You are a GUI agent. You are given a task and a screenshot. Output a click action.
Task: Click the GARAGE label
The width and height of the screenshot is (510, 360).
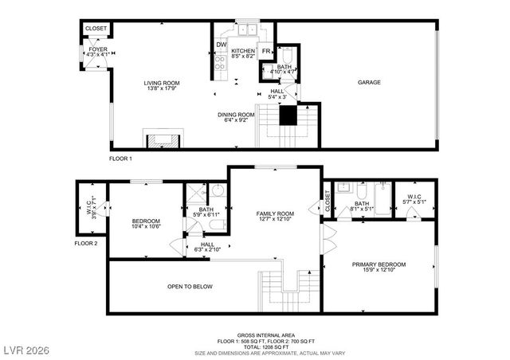pos(368,83)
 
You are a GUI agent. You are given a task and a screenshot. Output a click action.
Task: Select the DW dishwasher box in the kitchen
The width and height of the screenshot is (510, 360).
pos(222,44)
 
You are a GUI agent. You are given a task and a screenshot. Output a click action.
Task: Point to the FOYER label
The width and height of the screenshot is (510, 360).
pos(97,49)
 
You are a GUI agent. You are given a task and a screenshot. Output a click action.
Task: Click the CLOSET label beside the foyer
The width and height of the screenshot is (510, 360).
pos(96,28)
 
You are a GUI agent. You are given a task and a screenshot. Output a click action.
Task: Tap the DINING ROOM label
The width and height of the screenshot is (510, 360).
pos(236,115)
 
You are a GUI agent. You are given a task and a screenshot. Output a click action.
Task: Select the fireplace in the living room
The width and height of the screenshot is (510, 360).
pos(162,140)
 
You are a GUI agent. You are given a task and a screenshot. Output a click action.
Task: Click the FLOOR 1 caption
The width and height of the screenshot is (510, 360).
pos(120,158)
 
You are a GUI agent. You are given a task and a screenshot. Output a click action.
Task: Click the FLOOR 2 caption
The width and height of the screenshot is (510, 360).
pos(85,243)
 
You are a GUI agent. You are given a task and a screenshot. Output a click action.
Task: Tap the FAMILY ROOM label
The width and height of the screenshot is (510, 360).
pos(275,213)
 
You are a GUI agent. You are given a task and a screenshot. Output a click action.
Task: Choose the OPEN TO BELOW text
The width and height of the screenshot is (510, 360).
pos(190,287)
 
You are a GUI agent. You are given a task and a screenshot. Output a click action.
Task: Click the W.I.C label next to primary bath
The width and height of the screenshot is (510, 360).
pos(414,196)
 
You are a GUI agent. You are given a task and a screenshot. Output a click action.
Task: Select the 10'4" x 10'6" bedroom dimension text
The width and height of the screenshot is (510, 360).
pos(147,227)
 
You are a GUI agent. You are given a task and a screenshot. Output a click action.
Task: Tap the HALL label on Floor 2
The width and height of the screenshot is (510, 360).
pos(207,245)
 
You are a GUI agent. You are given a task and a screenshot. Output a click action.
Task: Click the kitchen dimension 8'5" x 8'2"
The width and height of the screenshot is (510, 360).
pos(242,57)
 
